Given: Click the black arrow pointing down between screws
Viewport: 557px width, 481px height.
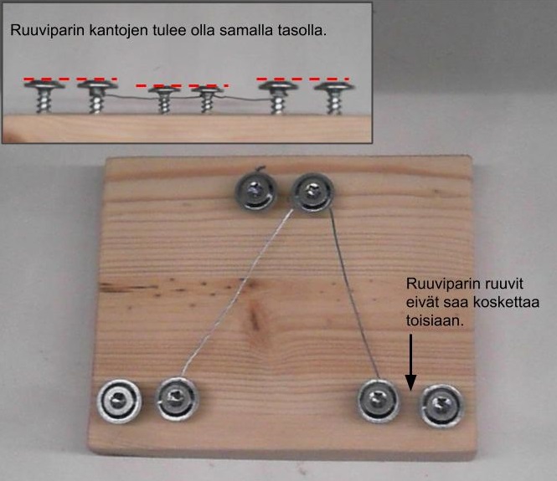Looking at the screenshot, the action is [410, 362].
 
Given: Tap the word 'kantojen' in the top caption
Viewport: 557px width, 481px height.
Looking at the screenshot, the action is [118, 30].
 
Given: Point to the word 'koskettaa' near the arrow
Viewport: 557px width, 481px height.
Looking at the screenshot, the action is [506, 302].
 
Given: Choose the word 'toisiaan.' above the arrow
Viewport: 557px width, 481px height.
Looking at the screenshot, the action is [436, 320].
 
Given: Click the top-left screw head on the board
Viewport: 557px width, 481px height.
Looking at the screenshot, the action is [255, 192].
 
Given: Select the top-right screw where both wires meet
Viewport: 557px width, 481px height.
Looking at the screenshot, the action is [312, 192].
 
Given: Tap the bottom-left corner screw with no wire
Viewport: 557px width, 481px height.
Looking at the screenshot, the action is [119, 402].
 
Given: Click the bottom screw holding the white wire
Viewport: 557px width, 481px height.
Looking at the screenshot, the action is [177, 399].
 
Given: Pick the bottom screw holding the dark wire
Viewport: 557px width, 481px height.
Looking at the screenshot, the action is [378, 401].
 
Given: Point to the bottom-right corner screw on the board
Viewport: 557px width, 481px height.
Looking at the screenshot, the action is [441, 406].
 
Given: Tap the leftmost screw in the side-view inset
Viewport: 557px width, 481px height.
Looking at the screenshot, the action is [44, 95].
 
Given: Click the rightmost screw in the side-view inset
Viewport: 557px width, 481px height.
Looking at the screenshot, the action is [334, 97].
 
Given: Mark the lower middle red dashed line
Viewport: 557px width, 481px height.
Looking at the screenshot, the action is [183, 85].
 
